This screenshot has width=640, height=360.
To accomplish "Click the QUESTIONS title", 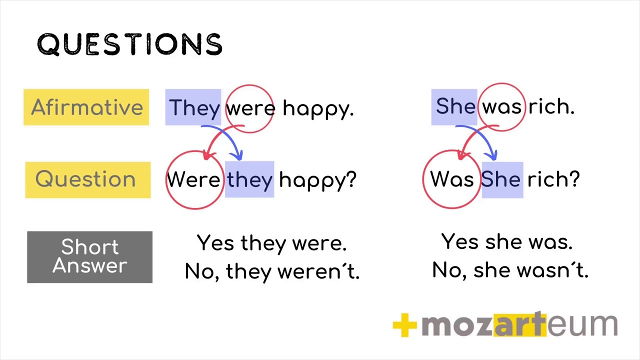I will click(x=129, y=44).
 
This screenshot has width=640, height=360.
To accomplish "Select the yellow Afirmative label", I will click(x=86, y=107).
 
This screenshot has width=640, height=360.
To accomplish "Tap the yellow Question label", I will click(x=87, y=179).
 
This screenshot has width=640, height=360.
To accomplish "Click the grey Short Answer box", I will click(x=90, y=257).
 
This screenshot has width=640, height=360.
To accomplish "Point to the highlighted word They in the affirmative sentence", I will click(x=194, y=107).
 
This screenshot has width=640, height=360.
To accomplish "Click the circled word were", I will click(x=250, y=108).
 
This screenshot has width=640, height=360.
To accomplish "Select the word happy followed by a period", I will click(x=318, y=108).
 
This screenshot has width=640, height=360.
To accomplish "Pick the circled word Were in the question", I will click(x=193, y=179).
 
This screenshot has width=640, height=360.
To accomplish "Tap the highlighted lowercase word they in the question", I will click(x=249, y=180).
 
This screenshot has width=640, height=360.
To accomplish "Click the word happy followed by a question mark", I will click(x=317, y=180).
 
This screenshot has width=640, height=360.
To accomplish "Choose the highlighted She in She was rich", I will click(x=455, y=106).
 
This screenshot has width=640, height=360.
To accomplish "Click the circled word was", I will click(x=501, y=107).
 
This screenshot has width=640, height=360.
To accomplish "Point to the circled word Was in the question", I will click(x=451, y=179).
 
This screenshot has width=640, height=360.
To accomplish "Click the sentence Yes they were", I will click(x=271, y=243).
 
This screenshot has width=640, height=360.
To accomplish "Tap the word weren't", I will click(x=318, y=271).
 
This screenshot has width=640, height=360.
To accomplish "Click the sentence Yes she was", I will click(x=506, y=242).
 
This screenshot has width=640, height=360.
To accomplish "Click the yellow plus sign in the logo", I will click(x=405, y=325).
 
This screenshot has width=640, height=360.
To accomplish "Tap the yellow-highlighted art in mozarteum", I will click(x=519, y=325).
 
